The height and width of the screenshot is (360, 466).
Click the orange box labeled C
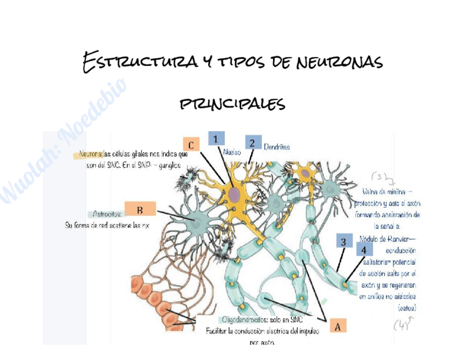[x=190, y=145]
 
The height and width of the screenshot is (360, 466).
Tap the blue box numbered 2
[x=253, y=142]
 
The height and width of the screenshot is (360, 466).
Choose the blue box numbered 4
[x=364, y=250]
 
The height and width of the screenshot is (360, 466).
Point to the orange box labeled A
[x=337, y=326]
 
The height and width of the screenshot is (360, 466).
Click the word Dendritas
[x=276, y=147]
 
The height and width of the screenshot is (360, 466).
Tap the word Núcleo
[x=232, y=152]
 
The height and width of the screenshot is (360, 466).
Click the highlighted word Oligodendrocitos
[x=242, y=320]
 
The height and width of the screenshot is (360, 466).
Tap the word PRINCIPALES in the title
[x=232, y=103]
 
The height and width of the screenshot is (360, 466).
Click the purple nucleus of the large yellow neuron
[x=235, y=194]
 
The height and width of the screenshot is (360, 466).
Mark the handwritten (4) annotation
[x=402, y=325]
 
